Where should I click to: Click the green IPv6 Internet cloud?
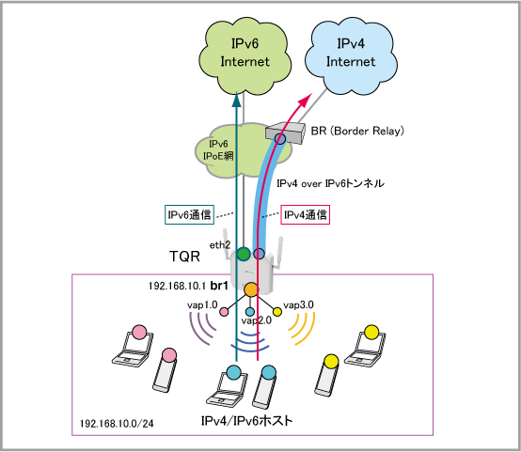pos(245,55)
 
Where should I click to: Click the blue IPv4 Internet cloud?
pos(351,55)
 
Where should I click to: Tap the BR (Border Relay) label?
pos(357,131)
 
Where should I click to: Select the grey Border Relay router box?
pos(285,132)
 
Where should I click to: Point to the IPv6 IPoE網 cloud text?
pos(218,149)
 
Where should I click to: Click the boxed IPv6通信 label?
pos(189,215)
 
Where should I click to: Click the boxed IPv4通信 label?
pos(306,215)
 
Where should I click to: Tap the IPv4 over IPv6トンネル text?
pos(330,183)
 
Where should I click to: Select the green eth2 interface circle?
pos(244,255)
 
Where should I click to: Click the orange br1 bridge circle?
pos(251,290)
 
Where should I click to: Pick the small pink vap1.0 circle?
pos(224,312)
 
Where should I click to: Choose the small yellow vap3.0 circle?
pos(277,312)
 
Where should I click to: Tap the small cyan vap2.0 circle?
pos(250,312)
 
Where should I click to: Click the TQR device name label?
pos(184,257)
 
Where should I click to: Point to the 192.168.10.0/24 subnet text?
pos(117,424)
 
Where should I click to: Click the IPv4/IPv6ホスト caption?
pos(246,421)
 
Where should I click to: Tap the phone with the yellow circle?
pos(327,375)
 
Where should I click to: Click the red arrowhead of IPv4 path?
pos(306,101)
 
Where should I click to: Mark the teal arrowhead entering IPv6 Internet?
pos(236,100)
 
